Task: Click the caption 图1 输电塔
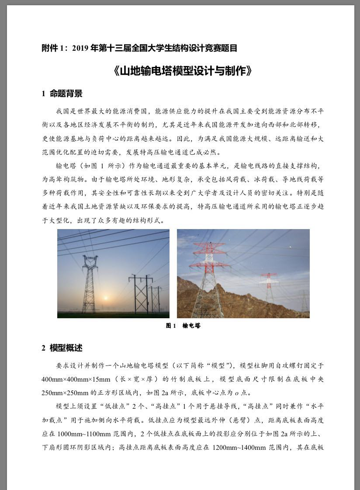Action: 183,326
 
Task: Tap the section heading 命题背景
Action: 66,94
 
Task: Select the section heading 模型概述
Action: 66,348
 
